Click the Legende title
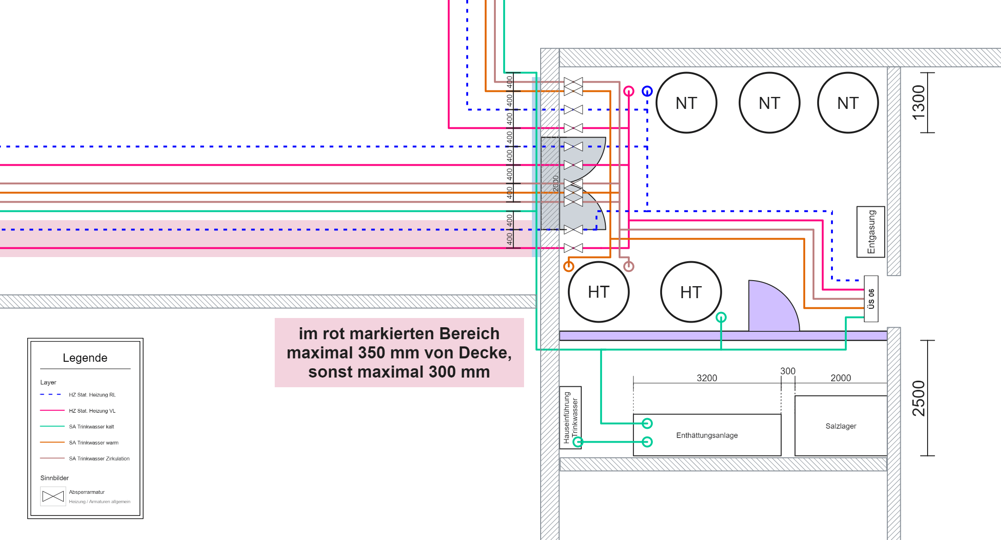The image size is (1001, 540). (85, 358)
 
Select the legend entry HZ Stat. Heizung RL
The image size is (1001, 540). (92, 395)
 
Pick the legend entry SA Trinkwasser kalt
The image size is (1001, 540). (91, 426)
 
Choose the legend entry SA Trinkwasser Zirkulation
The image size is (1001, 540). (99, 458)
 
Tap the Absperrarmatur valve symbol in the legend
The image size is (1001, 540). (53, 496)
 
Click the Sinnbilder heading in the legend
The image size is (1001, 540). (54, 478)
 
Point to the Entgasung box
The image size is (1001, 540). (871, 232)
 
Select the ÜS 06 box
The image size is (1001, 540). (871, 299)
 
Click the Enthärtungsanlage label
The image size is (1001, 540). (707, 435)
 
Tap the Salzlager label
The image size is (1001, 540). (841, 426)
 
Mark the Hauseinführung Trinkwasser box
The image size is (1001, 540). (571, 418)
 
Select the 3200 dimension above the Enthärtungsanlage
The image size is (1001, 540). (707, 378)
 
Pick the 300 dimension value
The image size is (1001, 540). (788, 371)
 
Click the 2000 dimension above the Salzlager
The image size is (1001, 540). (841, 378)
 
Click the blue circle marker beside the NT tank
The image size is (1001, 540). (647, 91)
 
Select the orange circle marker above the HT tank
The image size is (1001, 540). (569, 266)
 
